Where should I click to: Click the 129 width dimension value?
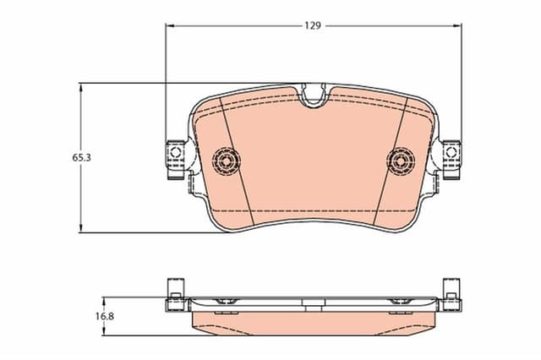coord(313,25)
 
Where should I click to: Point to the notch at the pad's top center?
coord(314,95)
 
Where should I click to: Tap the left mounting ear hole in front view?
coord(175,154)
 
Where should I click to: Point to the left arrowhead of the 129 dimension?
coord(168,25)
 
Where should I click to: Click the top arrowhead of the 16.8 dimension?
coord(104,301)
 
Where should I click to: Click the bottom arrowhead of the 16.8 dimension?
coord(104,330)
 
